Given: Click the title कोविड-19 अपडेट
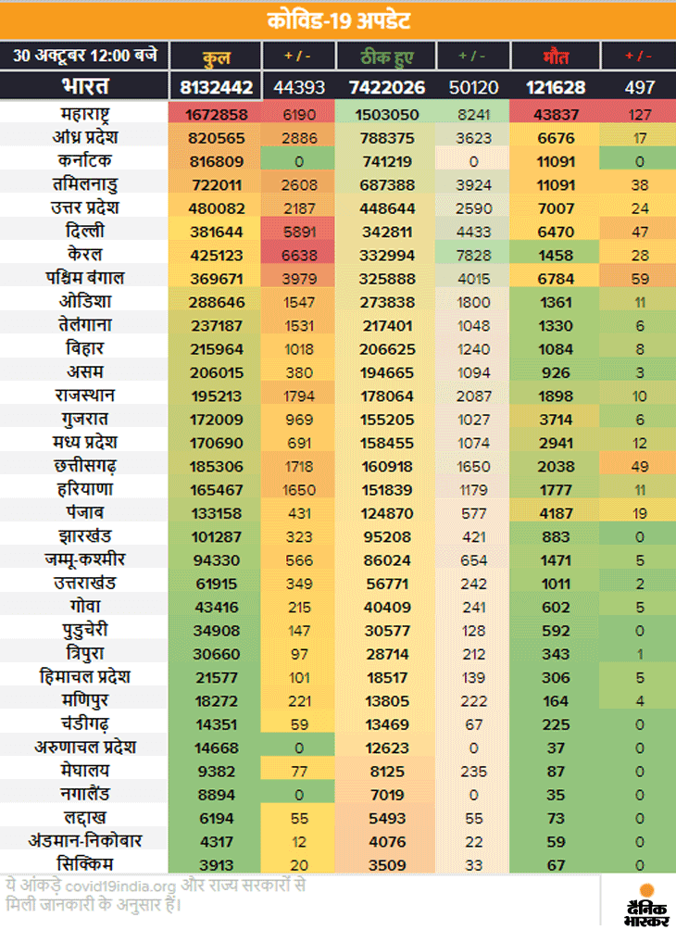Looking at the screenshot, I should point(338,19).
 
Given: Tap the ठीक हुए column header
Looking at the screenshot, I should point(386,57).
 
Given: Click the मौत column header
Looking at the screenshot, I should point(556,57).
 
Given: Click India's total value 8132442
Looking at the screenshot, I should point(217,87).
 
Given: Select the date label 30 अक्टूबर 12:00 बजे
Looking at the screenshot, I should point(85,56).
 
